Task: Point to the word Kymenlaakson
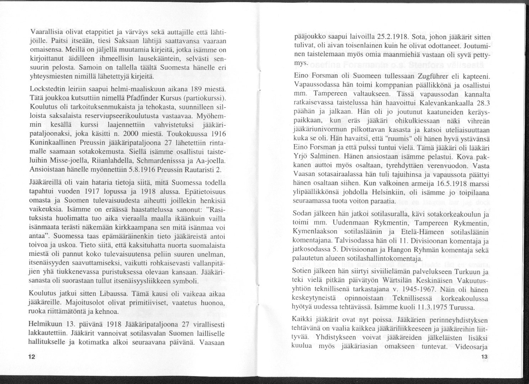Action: (314, 232)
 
